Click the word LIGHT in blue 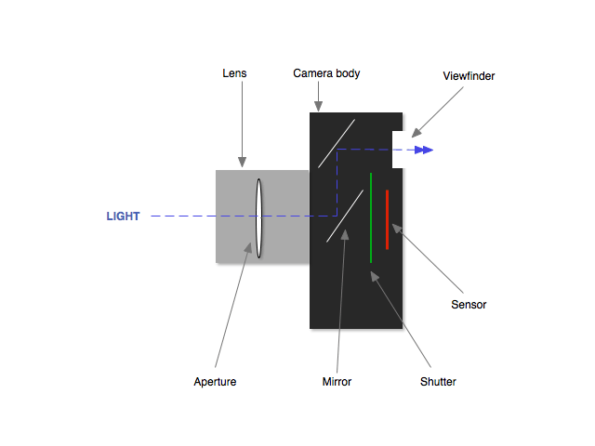pyautogui.click(x=123, y=216)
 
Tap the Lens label pyautogui.click(x=234, y=72)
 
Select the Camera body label pyautogui.click(x=326, y=72)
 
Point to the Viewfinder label pyautogui.click(x=469, y=76)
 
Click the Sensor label pyautogui.click(x=469, y=305)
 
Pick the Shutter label pyautogui.click(x=439, y=381)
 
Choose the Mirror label pyautogui.click(x=337, y=381)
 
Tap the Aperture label pyautogui.click(x=215, y=381)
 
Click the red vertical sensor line pyautogui.click(x=387, y=219)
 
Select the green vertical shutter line pyautogui.click(x=371, y=217)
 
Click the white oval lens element pyautogui.click(x=259, y=217)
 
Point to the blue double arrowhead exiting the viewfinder pyautogui.click(x=424, y=149)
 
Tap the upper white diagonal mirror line pyautogui.click(x=336, y=142)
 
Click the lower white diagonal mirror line pyautogui.click(x=344, y=216)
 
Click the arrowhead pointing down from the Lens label pyautogui.click(x=243, y=163)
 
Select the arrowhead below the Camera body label pyautogui.click(x=318, y=107)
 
